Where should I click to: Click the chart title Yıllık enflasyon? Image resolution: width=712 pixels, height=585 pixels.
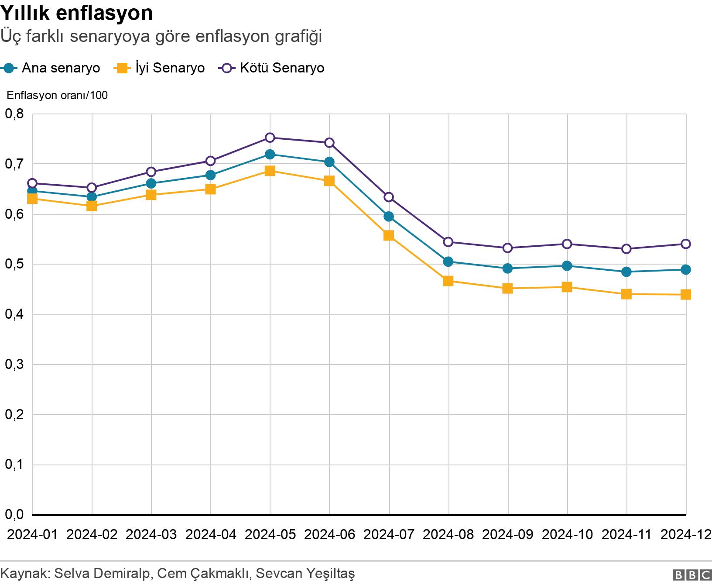76,13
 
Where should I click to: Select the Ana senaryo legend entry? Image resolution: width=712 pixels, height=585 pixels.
51,68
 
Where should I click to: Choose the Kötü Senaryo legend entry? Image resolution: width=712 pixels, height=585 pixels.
273,68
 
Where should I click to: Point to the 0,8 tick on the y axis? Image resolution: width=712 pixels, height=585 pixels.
14,114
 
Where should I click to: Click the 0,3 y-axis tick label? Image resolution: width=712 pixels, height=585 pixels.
14,365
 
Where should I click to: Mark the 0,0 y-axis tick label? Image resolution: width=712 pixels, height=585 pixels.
14,515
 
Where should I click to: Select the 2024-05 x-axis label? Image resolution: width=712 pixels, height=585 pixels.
270,534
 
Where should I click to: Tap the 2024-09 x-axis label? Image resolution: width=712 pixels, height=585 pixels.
508,534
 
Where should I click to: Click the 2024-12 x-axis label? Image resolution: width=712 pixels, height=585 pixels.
686,534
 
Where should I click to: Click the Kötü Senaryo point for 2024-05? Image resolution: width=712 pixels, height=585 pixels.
270,138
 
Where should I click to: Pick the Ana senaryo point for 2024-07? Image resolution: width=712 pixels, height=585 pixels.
389,217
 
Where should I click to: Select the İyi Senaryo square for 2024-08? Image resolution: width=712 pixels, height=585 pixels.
448,281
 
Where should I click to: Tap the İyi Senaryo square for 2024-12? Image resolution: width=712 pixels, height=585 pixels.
686,295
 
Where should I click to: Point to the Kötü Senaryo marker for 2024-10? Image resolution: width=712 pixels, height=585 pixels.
567,244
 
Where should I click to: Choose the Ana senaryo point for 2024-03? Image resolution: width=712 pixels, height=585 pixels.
151,183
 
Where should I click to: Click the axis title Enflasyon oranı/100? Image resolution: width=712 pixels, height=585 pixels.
57,95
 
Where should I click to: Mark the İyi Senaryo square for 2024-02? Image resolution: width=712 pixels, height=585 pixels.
92,206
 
